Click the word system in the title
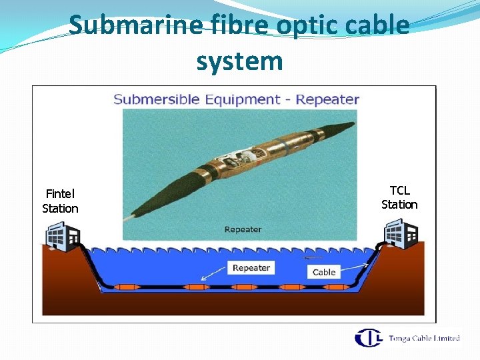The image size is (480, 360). pyautogui.click(x=239, y=61)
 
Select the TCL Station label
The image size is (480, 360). pyautogui.click(x=399, y=197)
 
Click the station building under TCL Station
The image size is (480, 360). pyautogui.click(x=401, y=235)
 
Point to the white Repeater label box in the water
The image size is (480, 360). pyautogui.click(x=251, y=268)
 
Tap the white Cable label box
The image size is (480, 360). pyautogui.click(x=324, y=272)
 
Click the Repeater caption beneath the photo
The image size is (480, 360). pyautogui.click(x=243, y=229)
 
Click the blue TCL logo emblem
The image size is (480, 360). pyautogui.click(x=368, y=338)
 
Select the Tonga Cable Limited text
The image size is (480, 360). pyautogui.click(x=424, y=339)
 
